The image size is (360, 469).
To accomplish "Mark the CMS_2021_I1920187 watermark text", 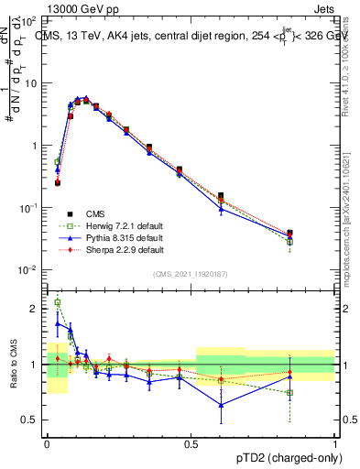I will coord(191,274).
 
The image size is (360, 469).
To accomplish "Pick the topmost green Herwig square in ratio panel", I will coord(57,302).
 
